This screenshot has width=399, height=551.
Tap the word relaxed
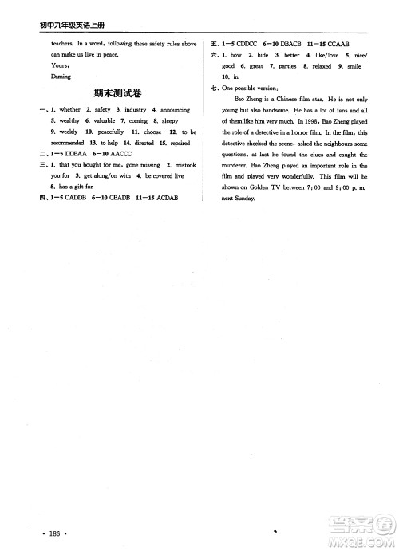click(318, 66)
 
